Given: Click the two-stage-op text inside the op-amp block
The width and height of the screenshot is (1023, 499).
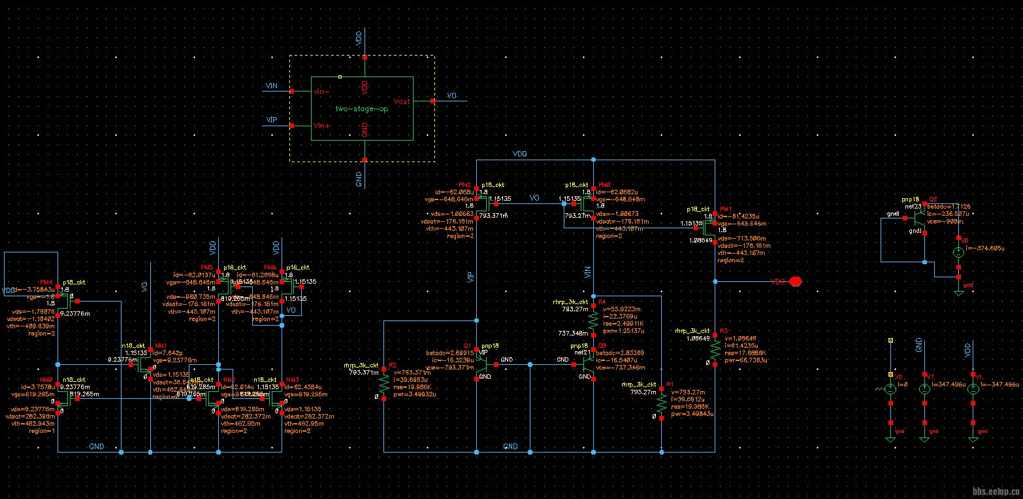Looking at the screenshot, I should [361, 109].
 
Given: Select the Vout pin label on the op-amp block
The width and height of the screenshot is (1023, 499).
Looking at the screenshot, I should [402, 101].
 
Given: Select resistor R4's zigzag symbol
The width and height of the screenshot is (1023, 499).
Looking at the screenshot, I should [593, 320].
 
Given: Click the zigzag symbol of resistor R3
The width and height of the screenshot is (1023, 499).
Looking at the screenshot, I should [715, 350].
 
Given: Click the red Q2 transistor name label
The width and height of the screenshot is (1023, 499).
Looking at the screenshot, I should [933, 199].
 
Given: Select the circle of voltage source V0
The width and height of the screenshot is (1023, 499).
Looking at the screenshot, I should [958, 252].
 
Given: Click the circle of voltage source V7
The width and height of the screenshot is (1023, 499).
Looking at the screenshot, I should [924, 388].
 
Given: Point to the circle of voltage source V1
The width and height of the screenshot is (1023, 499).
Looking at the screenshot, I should [973, 388].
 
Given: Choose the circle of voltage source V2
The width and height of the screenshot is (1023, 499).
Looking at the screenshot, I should [890, 388].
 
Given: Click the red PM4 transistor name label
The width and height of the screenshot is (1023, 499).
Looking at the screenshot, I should [46, 282].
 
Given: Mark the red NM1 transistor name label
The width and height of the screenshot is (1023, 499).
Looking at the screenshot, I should [161, 345].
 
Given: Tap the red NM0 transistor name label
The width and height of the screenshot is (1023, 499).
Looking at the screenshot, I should [46, 380].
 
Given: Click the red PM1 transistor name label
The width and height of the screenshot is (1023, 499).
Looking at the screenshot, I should [726, 209].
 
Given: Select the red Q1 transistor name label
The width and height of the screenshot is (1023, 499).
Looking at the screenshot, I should [467, 345].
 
